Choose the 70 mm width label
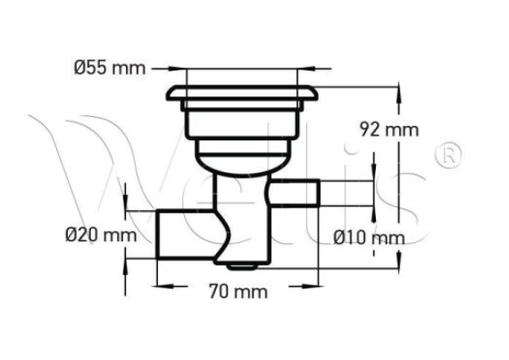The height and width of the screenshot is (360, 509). point(237,291)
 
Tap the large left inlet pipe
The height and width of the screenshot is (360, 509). point(183,235)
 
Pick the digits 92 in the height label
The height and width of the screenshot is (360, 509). point(368,130)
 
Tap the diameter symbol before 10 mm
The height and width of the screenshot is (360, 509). point(340,238)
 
